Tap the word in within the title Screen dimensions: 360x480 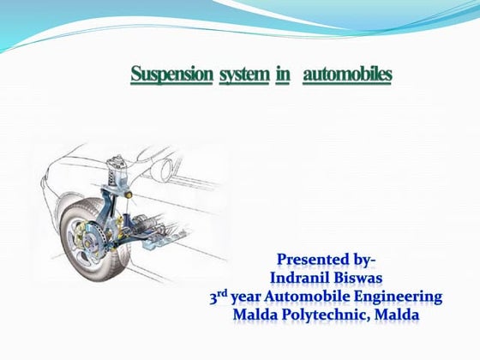point(283,75)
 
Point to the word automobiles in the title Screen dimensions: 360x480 point(347,75)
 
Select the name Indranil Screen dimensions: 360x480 point(303,278)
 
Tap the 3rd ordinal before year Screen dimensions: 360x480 point(221,297)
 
